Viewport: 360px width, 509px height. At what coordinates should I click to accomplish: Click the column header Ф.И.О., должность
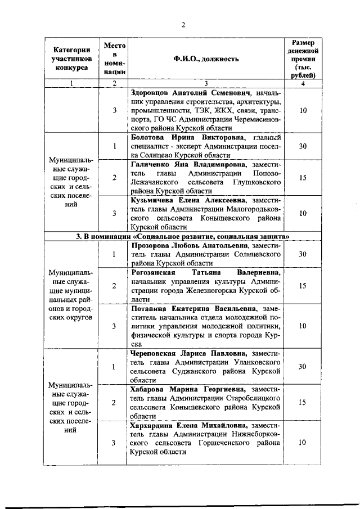click(x=206, y=58)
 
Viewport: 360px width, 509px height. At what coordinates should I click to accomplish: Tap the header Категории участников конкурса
click(x=71, y=58)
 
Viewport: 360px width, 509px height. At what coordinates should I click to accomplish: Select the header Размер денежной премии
click(x=303, y=58)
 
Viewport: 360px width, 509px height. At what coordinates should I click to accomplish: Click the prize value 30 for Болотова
click(x=303, y=146)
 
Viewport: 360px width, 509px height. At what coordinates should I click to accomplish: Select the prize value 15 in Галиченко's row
click(x=303, y=178)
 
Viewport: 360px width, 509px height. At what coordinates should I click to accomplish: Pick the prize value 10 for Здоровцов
click(x=303, y=110)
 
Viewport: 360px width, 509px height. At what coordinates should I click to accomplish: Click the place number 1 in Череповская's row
click(x=114, y=367)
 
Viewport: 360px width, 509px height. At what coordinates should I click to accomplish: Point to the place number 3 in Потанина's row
click(x=114, y=326)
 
